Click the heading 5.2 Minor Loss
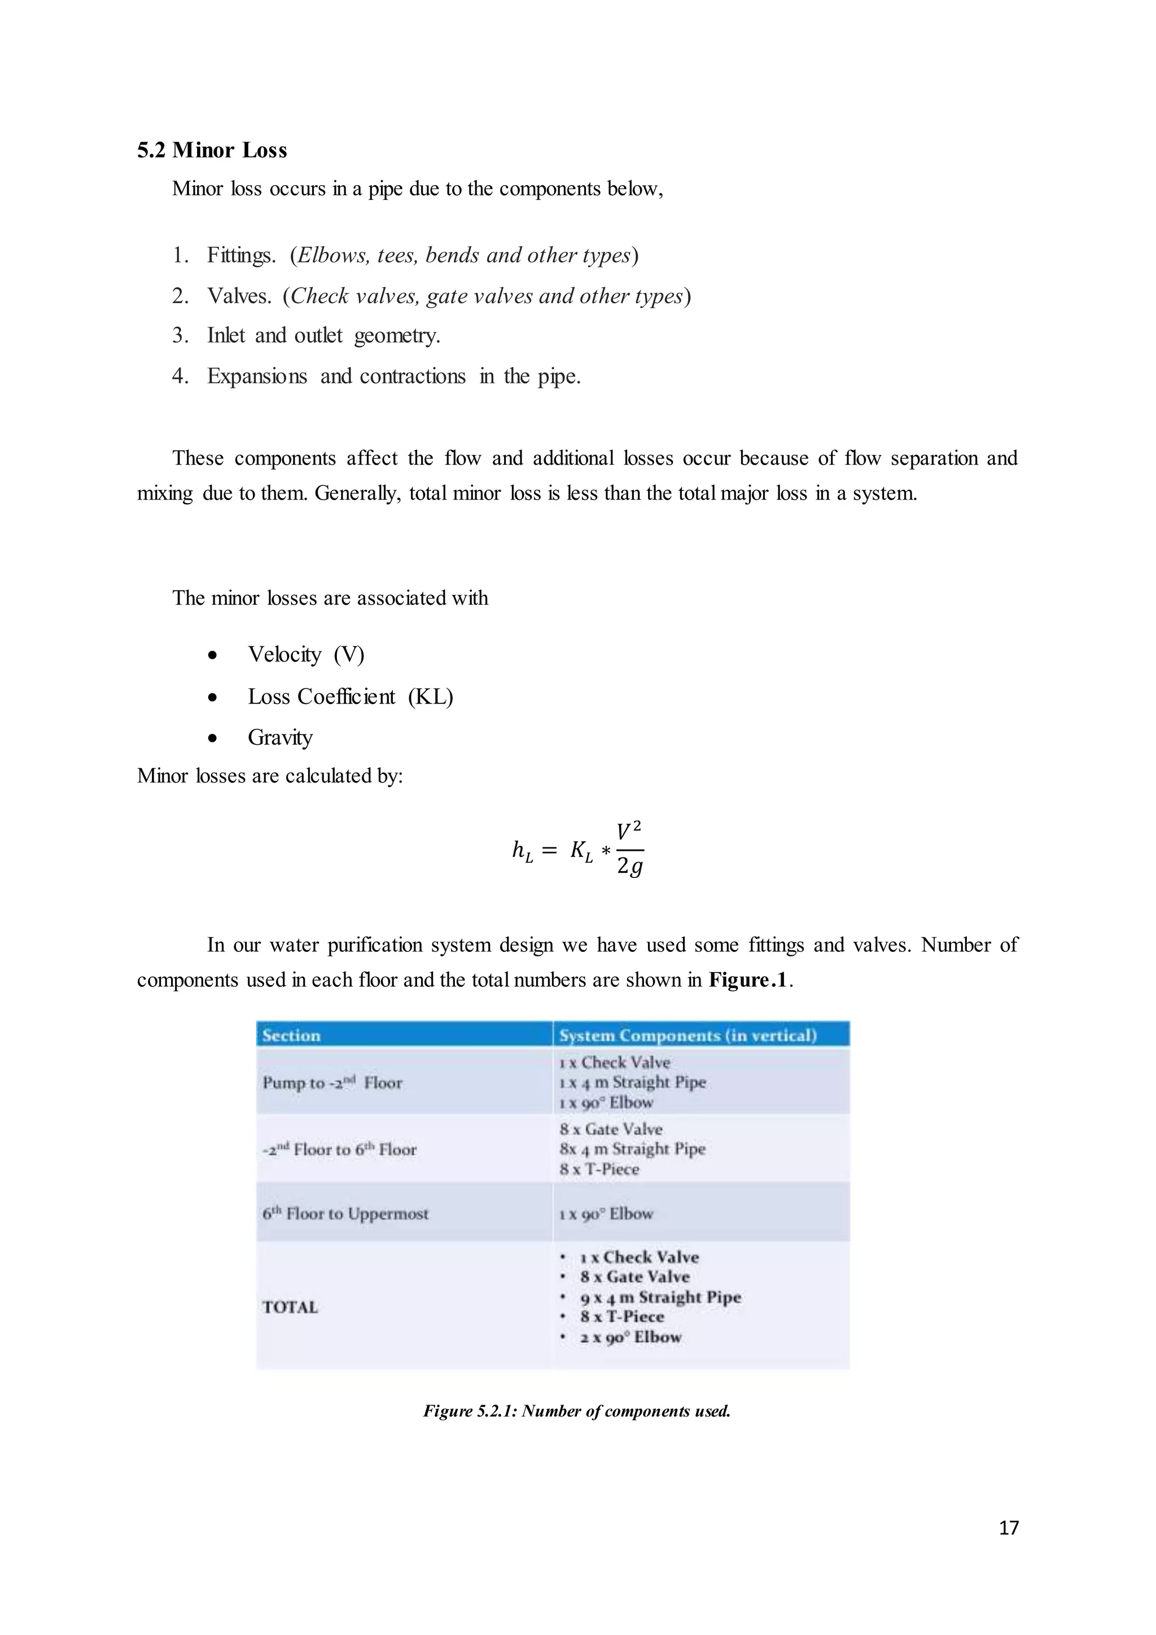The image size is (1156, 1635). click(x=212, y=150)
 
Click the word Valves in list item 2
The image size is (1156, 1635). click(x=238, y=295)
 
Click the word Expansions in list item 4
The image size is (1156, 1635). click(x=256, y=376)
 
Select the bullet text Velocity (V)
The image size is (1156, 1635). click(x=305, y=654)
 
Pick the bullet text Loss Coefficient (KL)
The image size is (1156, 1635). click(x=349, y=697)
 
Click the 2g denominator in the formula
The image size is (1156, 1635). click(x=629, y=867)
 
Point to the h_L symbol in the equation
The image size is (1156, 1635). click(x=522, y=850)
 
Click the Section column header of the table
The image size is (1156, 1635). click(x=291, y=1035)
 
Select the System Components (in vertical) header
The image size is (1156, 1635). click(x=687, y=1035)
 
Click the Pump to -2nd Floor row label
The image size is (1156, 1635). click(x=332, y=1083)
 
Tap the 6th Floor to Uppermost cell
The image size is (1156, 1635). click(x=345, y=1213)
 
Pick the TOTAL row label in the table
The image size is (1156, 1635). click(x=290, y=1307)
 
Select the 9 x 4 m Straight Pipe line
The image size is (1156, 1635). click(x=660, y=1297)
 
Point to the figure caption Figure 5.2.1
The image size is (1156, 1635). click(x=576, y=1411)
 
